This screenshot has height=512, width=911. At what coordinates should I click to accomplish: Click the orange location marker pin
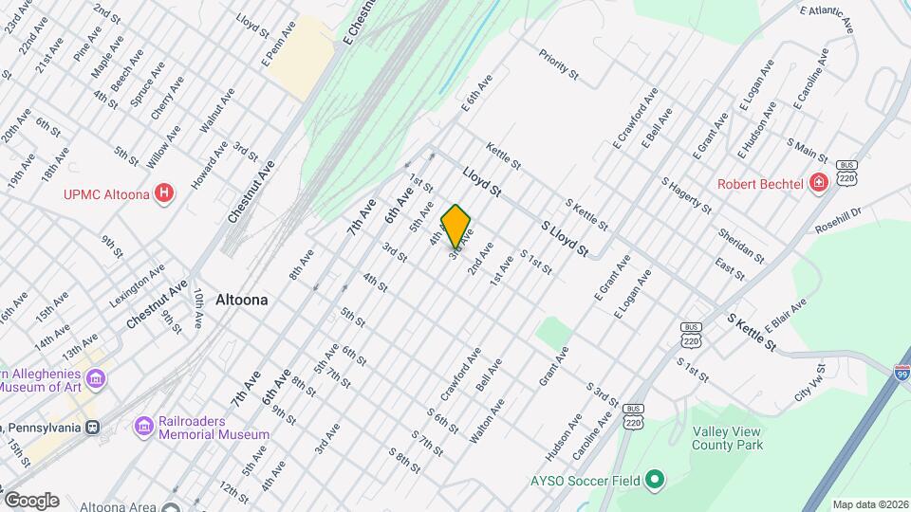(x=456, y=226)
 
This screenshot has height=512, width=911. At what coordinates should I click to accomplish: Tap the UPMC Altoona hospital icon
(x=165, y=193)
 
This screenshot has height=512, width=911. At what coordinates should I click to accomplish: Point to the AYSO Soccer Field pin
(x=654, y=481)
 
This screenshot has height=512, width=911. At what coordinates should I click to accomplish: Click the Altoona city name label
(x=241, y=300)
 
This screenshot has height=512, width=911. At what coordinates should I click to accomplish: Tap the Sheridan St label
(x=741, y=243)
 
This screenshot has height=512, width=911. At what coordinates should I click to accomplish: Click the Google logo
(x=30, y=500)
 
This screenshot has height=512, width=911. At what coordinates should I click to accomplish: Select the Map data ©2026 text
(x=869, y=504)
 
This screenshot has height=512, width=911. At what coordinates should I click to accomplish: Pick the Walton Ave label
(x=487, y=421)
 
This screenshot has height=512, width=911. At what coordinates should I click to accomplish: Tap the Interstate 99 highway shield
(x=902, y=373)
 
